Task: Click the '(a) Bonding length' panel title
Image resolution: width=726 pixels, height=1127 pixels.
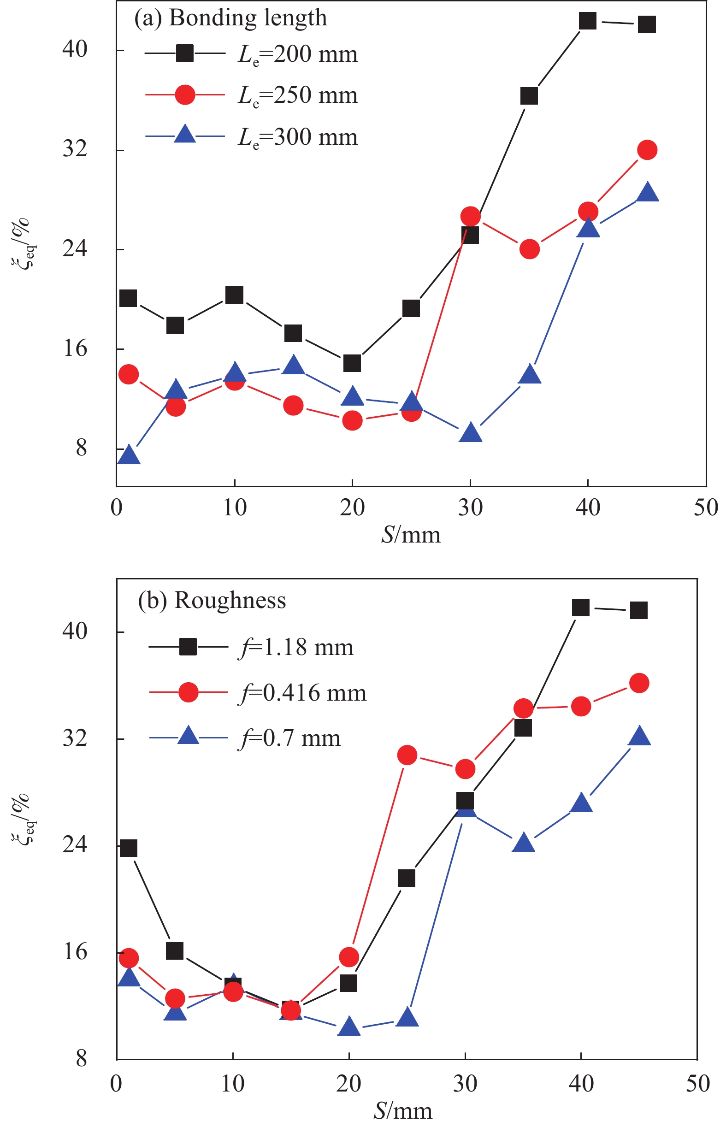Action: point(230,18)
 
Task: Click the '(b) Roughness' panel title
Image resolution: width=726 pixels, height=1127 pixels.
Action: point(212,601)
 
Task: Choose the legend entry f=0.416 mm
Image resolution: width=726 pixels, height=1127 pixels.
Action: point(302,693)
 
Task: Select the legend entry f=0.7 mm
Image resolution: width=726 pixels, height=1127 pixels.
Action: point(289,738)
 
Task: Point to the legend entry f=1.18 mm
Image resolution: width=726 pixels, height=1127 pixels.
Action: point(295,647)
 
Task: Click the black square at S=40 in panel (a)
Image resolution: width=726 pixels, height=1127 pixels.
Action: point(587,21)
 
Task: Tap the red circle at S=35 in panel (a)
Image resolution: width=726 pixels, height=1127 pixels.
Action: point(530,249)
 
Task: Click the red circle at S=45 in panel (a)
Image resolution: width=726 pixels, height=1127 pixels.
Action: point(647,150)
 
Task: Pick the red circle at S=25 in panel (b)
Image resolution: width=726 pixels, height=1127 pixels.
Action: point(407,755)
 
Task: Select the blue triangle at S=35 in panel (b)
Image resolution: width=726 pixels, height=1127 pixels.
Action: point(523,843)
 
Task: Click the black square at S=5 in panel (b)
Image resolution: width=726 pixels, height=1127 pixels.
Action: point(174,951)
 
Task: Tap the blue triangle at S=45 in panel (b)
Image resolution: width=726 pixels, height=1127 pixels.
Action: point(639,737)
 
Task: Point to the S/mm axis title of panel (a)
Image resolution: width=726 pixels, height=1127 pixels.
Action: point(411,535)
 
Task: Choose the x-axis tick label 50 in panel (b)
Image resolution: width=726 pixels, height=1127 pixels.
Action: point(697,1084)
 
